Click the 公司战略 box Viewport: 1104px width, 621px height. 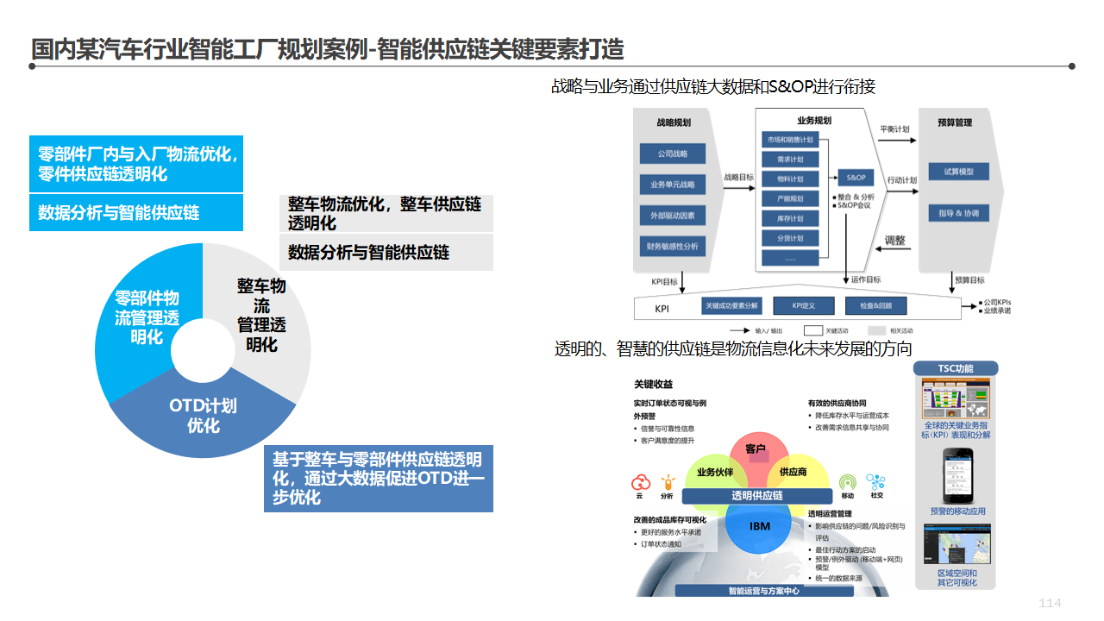click(x=673, y=154)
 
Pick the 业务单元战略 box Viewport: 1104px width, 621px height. click(x=673, y=184)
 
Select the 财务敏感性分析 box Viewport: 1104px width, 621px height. click(x=673, y=246)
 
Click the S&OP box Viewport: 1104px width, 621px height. click(x=856, y=178)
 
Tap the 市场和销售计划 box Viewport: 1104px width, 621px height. click(x=790, y=140)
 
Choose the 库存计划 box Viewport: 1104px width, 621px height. click(x=790, y=218)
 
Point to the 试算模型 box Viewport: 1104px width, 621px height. click(x=958, y=172)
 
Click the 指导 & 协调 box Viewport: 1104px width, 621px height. click(x=958, y=212)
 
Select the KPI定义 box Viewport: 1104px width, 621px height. click(x=803, y=305)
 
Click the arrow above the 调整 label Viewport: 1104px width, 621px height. click(x=897, y=249)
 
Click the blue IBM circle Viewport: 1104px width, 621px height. click(x=759, y=526)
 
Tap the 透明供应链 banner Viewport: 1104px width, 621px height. click(x=757, y=495)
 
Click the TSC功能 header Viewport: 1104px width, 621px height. click(x=956, y=368)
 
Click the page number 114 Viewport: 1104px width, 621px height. click(x=1050, y=603)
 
